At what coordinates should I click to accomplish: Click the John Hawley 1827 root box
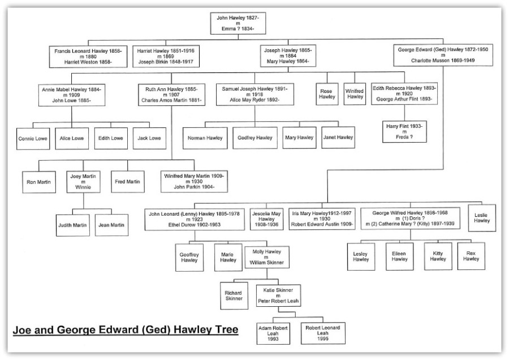(x=238, y=23)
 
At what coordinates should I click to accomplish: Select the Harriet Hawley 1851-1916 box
(x=166, y=56)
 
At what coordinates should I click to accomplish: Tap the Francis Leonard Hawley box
(x=88, y=57)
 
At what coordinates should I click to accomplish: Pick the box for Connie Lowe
(x=33, y=139)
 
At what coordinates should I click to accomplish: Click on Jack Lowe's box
(x=149, y=138)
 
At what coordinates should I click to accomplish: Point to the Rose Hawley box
(x=327, y=94)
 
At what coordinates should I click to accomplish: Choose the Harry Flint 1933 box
(x=404, y=131)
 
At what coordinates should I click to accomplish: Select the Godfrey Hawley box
(x=255, y=138)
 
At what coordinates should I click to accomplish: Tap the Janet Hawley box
(x=338, y=138)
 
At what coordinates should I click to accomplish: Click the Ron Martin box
(x=39, y=182)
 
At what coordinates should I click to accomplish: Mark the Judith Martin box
(x=73, y=225)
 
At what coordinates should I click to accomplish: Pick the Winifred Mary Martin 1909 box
(x=194, y=181)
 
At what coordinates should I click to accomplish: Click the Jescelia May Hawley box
(x=266, y=219)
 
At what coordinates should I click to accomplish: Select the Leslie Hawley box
(x=482, y=218)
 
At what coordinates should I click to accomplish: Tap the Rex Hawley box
(x=471, y=256)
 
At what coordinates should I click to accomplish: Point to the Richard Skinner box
(x=234, y=295)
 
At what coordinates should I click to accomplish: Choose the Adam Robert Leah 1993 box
(x=273, y=333)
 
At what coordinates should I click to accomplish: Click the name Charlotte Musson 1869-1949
(x=443, y=61)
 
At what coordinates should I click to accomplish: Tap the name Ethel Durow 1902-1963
(x=195, y=225)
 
